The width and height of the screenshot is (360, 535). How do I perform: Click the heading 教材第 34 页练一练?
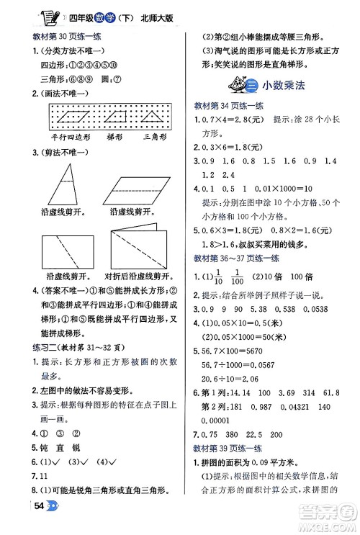(230, 105)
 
